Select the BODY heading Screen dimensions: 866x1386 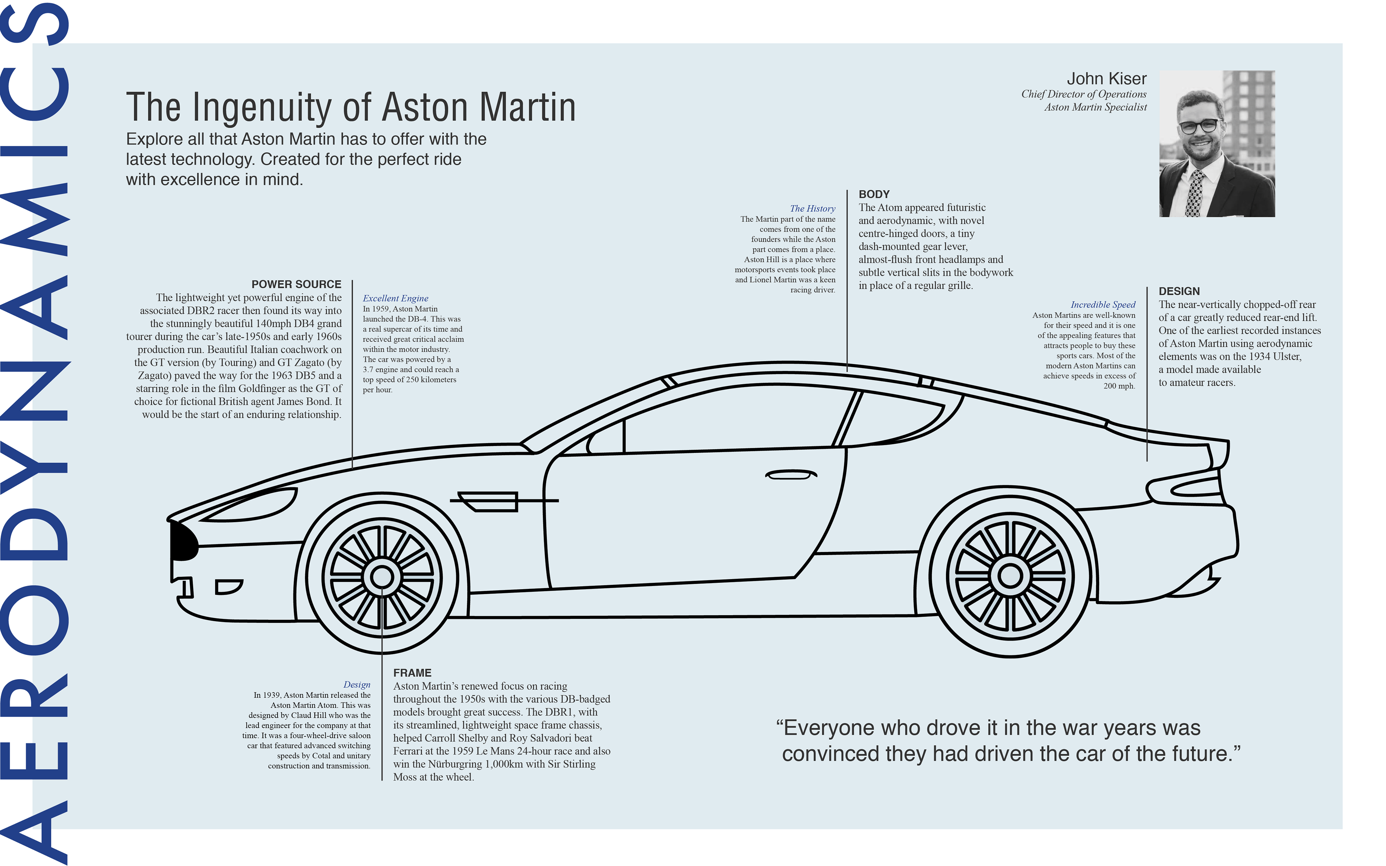tap(874, 194)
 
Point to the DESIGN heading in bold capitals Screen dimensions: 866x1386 tap(1179, 291)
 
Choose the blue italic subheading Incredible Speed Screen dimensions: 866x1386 tap(1103, 305)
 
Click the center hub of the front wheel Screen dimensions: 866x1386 tap(382, 576)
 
